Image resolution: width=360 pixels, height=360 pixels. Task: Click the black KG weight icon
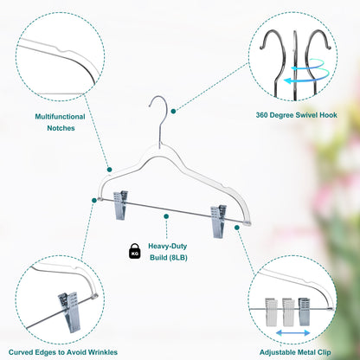click(x=135, y=251)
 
